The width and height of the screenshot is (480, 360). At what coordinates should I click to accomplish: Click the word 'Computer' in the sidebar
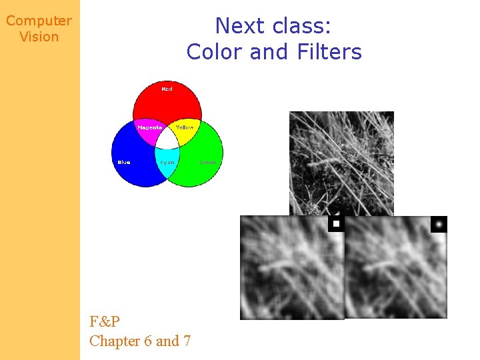[39, 21]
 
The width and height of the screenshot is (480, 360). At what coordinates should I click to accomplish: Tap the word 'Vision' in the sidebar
[39, 37]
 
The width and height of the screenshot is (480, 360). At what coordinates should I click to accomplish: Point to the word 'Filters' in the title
[326, 51]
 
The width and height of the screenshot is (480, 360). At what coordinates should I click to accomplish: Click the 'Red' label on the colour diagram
[167, 89]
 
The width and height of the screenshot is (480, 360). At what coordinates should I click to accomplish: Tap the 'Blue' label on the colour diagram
[124, 162]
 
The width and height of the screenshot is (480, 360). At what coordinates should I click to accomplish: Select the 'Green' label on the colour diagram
[207, 162]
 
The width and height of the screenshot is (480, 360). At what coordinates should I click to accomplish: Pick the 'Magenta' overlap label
[150, 127]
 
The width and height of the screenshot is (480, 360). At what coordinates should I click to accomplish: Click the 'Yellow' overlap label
[185, 127]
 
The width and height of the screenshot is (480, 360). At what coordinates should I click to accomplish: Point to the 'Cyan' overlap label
[167, 162]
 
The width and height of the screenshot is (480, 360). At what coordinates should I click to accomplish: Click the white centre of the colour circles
[167, 138]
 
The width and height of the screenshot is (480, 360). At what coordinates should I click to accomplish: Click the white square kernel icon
[337, 224]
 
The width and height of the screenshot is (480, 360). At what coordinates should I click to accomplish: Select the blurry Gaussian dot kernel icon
[439, 224]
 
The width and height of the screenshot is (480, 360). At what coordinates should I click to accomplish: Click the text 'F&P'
[105, 322]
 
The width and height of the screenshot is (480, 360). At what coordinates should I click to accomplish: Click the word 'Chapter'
[115, 341]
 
